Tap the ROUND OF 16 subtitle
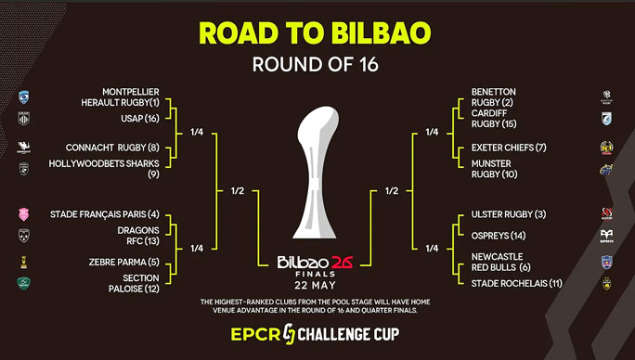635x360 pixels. pyautogui.click(x=316, y=64)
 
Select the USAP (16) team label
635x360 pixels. pyautogui.click(x=140, y=118)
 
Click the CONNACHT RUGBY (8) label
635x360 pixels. pyautogui.click(x=112, y=148)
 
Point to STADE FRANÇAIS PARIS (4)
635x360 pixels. pyautogui.click(x=105, y=214)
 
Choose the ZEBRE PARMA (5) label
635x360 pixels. pyautogui.click(x=124, y=262)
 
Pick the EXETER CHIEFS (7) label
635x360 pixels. pyautogui.click(x=509, y=148)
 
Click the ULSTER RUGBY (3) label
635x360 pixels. pyautogui.click(x=509, y=214)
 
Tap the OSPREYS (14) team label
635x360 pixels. pyautogui.click(x=499, y=236)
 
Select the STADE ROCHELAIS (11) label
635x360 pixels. pyautogui.click(x=517, y=284)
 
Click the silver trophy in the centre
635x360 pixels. pyautogui.click(x=316, y=172)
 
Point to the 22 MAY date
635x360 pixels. pyautogui.click(x=316, y=286)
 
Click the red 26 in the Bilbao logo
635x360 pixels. pyautogui.click(x=343, y=263)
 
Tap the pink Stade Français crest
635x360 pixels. pyautogui.click(x=24, y=214)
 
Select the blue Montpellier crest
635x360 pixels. pyautogui.click(x=24, y=97)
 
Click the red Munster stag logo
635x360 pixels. pyautogui.click(x=606, y=169)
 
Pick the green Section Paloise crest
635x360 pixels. pyautogui.click(x=24, y=283)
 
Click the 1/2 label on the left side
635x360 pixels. pyautogui.click(x=238, y=191)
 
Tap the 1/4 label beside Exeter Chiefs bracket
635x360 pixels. pyautogui.click(x=432, y=132)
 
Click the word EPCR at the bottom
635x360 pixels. pyautogui.click(x=255, y=335)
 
